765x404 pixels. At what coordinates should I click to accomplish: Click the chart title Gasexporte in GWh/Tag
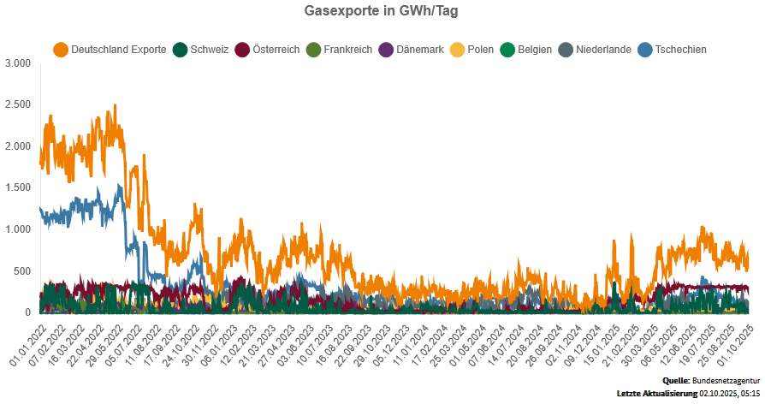point(382,11)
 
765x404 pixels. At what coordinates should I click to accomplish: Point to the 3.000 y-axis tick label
point(17,63)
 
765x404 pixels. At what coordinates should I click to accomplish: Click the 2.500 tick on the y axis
point(17,104)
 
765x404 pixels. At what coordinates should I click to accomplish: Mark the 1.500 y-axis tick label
point(17,187)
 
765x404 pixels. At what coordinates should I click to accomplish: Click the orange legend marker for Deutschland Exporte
point(61,50)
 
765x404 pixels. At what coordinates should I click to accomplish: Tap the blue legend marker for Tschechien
point(644,50)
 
